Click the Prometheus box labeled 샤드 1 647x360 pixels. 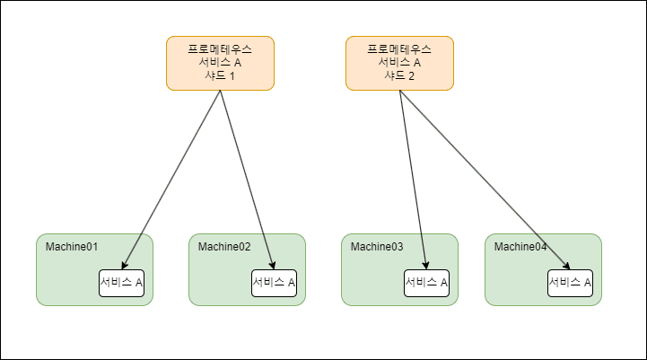click(220, 63)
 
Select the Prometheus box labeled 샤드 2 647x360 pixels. click(399, 63)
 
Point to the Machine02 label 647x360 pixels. click(223, 247)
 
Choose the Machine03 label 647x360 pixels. click(376, 247)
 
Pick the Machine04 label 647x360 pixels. click(520, 247)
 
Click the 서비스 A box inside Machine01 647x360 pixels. click(121, 283)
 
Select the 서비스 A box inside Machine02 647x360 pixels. click(274, 283)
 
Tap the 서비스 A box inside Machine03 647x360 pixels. click(426, 283)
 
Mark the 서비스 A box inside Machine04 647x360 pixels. click(570, 283)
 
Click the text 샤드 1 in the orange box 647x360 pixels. click(220, 76)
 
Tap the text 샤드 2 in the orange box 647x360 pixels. click(399, 76)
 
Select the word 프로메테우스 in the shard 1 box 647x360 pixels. click(220, 48)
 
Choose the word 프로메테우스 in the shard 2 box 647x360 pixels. click(399, 48)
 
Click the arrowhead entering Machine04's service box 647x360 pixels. click(567, 266)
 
